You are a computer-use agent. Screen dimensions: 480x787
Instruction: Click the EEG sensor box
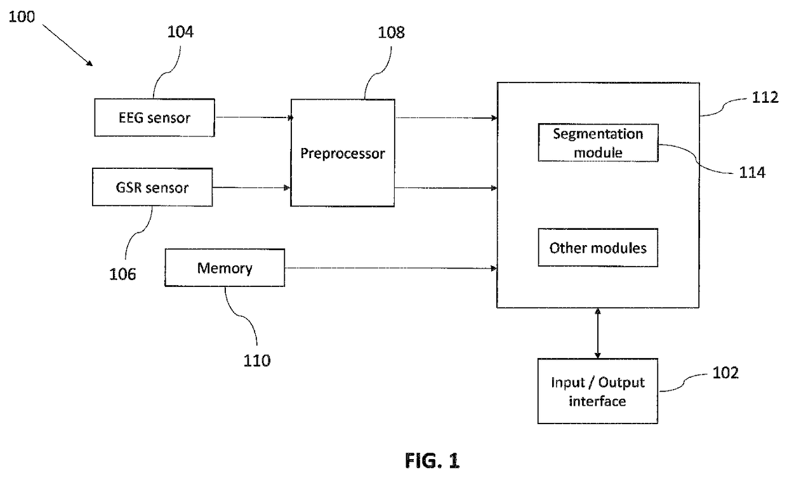(x=155, y=117)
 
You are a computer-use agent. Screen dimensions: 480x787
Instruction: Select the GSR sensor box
(x=152, y=187)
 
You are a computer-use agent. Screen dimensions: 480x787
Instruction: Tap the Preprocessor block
(x=342, y=152)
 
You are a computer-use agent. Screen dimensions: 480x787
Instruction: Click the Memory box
(x=225, y=268)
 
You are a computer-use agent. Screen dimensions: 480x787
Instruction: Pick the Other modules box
(x=597, y=247)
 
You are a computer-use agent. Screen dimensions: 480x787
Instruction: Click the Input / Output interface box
(x=597, y=391)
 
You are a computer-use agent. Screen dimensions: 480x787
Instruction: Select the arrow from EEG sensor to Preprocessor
(x=253, y=117)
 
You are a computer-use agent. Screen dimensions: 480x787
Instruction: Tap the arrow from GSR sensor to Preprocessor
(x=251, y=187)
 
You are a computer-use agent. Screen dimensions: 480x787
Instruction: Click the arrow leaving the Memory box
(x=390, y=269)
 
